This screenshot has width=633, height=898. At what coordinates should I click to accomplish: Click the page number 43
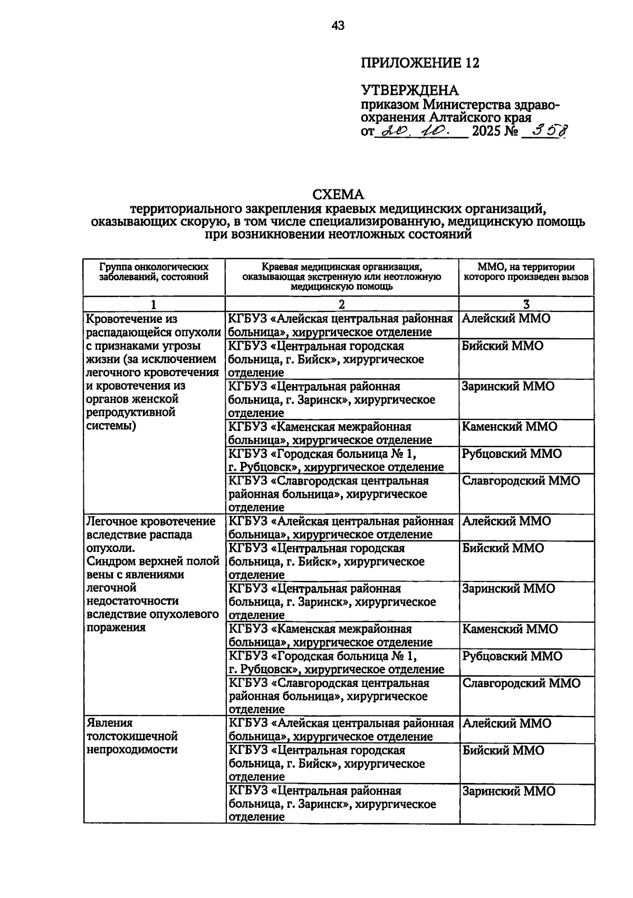click(338, 25)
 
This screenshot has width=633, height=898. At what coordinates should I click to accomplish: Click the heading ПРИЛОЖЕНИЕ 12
click(420, 63)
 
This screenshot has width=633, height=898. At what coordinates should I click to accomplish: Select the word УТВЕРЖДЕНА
click(409, 91)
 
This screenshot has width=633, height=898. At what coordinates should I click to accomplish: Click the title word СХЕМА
click(338, 196)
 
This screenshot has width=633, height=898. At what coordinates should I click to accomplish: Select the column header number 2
click(342, 304)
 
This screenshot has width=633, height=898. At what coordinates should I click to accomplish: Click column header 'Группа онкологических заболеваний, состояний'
click(154, 272)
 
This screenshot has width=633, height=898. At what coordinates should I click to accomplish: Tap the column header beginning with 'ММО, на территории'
click(526, 272)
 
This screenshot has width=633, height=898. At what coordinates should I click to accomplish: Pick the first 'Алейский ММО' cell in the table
click(505, 319)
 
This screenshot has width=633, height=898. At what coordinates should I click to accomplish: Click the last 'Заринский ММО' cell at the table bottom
click(509, 791)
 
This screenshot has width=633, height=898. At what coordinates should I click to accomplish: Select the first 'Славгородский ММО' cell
click(521, 481)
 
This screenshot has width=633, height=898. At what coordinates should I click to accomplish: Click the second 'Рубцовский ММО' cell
click(512, 656)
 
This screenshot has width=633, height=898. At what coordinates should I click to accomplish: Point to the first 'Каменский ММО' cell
click(509, 426)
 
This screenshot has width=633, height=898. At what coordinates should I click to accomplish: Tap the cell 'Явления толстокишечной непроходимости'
click(132, 736)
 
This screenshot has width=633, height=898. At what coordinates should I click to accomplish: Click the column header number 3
click(526, 304)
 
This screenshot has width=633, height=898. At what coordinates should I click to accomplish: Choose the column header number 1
click(154, 304)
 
